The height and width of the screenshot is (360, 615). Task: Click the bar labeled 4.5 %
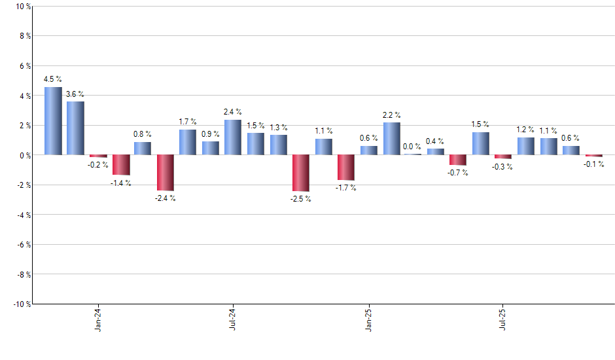53,121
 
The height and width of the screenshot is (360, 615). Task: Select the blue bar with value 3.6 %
75,128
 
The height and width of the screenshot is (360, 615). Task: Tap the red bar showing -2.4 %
166,173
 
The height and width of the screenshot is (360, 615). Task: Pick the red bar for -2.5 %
301,173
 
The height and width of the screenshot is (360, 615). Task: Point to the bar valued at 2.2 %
392,139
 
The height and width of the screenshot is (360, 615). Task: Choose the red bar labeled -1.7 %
346,168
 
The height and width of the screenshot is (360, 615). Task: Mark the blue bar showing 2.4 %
233,137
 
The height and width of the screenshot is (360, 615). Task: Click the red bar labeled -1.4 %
120,165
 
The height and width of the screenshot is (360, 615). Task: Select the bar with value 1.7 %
188,142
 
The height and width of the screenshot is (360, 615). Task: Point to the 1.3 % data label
279,128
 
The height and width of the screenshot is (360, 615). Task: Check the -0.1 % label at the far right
594,164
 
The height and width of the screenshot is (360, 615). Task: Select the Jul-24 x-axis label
233,319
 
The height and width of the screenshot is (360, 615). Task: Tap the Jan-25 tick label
369,319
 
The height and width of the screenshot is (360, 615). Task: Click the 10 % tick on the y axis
22,7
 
